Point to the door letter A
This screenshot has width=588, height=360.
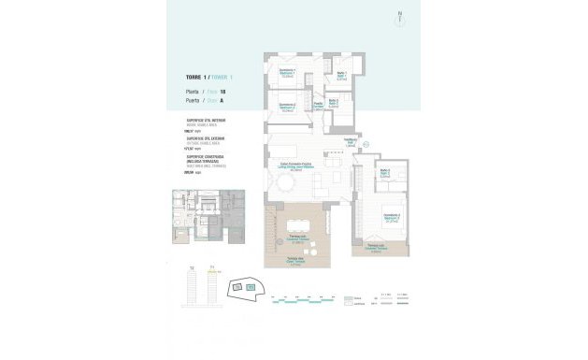click(x=220, y=98)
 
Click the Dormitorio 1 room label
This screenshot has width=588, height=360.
click(x=287, y=71)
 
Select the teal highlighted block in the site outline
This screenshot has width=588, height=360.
click(x=251, y=285)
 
